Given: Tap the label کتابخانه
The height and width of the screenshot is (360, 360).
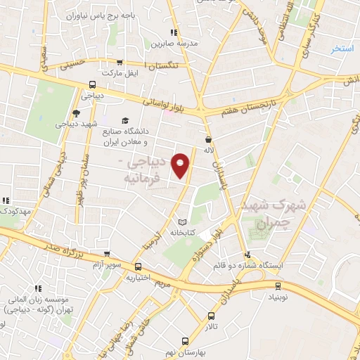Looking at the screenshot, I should (x=181, y=232).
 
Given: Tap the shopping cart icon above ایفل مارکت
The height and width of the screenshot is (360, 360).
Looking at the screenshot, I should (x=119, y=62).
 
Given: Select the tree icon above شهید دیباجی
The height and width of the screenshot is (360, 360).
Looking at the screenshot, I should (x=76, y=112).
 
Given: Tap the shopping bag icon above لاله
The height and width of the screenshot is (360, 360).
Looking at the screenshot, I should (x=207, y=139).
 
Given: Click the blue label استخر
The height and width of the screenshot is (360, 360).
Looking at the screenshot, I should (x=344, y=49).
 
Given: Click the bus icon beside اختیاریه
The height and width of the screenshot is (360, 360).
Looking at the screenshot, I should (x=138, y=266).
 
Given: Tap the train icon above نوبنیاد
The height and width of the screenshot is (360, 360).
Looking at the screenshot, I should (x=278, y=285).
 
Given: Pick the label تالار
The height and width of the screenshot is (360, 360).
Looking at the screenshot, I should (x=212, y=327).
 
